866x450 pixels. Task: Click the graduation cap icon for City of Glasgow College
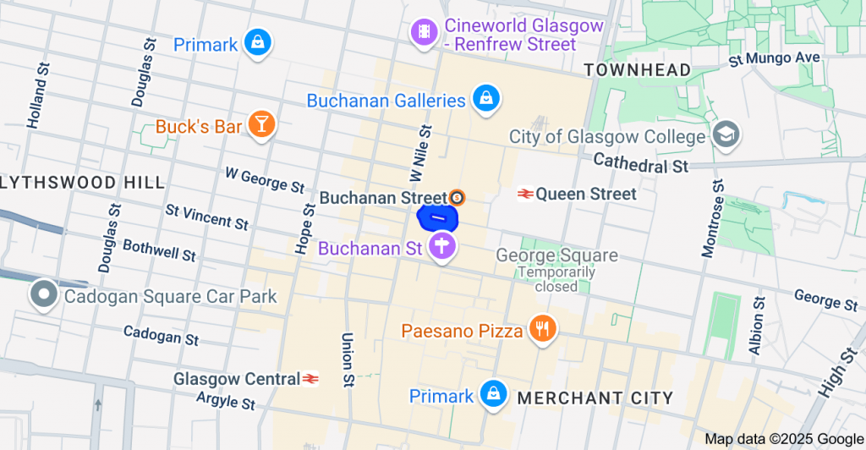(726, 134)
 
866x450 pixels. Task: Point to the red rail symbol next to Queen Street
(525, 194)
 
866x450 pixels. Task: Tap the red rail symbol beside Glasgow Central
(310, 378)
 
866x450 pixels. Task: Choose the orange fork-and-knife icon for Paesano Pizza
(541, 328)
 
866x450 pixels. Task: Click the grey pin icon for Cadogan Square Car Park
(43, 295)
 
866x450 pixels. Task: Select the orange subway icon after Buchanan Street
(458, 197)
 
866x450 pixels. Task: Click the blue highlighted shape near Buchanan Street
(438, 218)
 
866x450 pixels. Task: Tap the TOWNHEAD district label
(637, 69)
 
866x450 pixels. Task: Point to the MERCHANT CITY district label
(595, 398)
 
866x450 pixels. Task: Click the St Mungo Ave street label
(775, 58)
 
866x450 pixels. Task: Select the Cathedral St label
(640, 162)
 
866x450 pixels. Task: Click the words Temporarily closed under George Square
(556, 279)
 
